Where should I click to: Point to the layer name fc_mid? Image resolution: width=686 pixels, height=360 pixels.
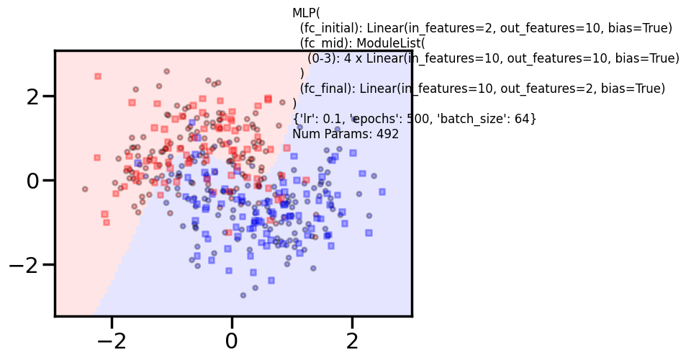[325, 43]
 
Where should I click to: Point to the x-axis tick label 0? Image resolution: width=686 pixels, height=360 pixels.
[232, 340]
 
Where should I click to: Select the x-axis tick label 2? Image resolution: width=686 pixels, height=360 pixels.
[352, 340]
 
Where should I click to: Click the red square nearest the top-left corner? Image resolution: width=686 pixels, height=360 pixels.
[98, 76]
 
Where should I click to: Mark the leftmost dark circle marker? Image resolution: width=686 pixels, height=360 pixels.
[85, 189]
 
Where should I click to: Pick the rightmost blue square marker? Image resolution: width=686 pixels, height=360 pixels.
[382, 192]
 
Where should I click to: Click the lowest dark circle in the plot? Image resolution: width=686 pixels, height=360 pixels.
[243, 295]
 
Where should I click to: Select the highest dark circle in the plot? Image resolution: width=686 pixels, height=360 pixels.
[166, 71]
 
